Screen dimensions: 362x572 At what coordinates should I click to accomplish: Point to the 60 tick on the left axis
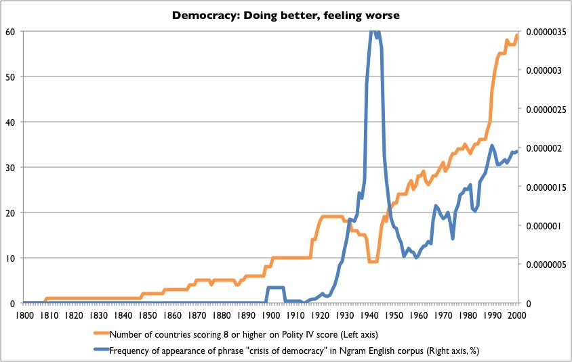pyautogui.click(x=10, y=31)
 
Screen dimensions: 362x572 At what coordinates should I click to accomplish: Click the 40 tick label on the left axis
pyautogui.click(x=10, y=122)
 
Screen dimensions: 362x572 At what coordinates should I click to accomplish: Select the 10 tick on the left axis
pyautogui.click(x=10, y=258)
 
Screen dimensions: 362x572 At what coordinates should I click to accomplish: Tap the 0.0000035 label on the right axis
pyautogui.click(x=543, y=31)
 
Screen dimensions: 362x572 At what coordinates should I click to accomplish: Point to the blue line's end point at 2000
pyautogui.click(x=517, y=152)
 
